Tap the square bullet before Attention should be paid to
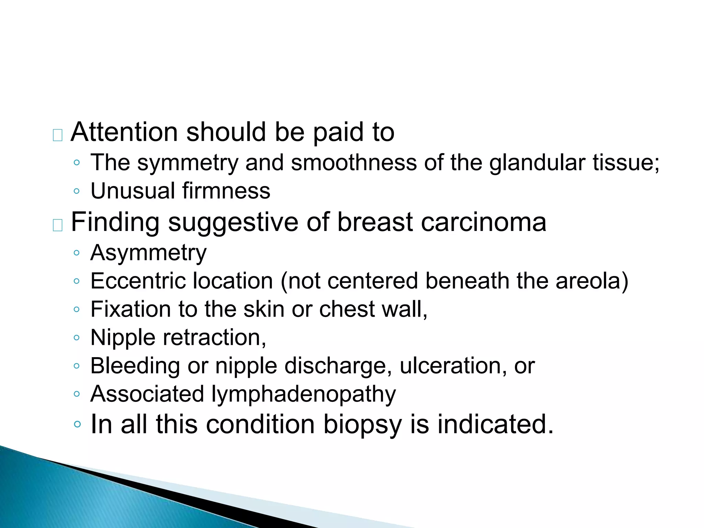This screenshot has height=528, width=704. coord(57,135)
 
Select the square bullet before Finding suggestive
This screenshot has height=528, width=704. coord(57,225)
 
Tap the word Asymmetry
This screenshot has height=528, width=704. coord(148,253)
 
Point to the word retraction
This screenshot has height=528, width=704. coord(214,338)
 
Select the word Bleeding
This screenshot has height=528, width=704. coord(135,366)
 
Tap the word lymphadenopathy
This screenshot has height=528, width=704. coord(303,395)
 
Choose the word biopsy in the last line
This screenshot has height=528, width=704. coord(362,425)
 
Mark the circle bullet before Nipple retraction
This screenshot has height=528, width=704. coord(77,338)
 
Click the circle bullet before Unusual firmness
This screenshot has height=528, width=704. coord(77,191)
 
